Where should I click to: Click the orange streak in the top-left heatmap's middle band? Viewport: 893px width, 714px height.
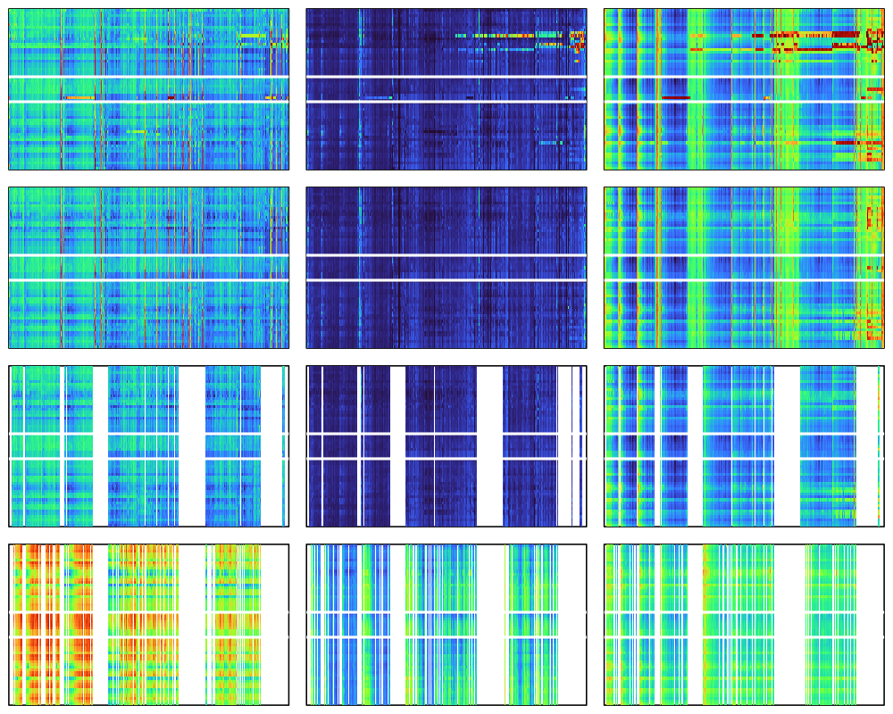pyautogui.click(x=79, y=97)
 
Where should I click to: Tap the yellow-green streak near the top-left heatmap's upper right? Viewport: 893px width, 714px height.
pyautogui.click(x=254, y=36)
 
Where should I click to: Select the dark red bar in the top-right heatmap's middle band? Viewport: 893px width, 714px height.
pyautogui.click(x=676, y=97)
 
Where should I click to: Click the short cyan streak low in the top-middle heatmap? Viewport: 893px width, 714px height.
pyautogui.click(x=550, y=142)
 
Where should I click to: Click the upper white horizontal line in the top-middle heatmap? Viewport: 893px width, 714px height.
pyautogui.click(x=446, y=78)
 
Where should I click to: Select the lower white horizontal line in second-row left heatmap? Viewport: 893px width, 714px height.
pyautogui.click(x=148, y=279)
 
